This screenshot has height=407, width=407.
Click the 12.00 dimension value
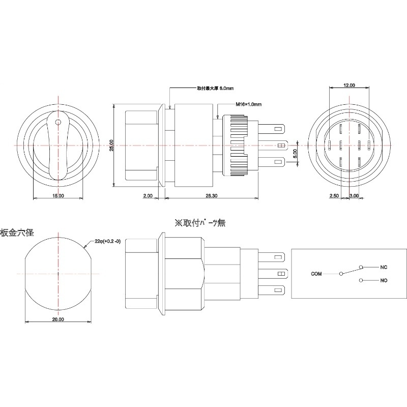pos(349,85)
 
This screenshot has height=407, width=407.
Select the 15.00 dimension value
pos(57,195)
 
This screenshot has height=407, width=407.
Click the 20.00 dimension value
pos(57,319)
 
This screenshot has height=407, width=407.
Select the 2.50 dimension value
pos(334,195)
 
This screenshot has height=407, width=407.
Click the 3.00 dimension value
pos(355,195)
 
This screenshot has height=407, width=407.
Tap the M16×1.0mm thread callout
pos(248,104)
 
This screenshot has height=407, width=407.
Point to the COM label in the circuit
pos(316,274)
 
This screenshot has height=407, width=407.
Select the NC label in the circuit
pos(384,267)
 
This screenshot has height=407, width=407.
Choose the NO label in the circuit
pos(384,280)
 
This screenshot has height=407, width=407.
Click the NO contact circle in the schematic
pos(361,280)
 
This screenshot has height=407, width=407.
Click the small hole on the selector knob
pos(58,122)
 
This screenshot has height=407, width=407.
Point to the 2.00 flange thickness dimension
pos(148,195)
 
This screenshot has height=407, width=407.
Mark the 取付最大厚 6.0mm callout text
pos(215,88)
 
